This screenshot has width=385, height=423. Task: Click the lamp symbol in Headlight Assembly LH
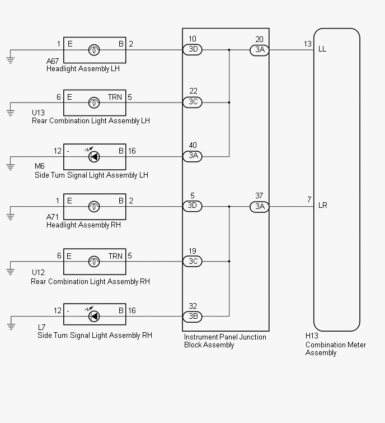tap(94, 50)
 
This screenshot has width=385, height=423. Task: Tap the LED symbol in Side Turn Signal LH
tap(94, 156)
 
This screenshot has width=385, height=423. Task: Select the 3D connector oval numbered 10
tap(192, 50)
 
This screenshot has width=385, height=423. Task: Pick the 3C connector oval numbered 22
tap(192, 102)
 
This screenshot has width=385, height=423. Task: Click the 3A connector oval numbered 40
tap(192, 156)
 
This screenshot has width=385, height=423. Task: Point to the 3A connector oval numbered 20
tap(260, 50)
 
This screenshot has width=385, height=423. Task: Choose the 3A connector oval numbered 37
tap(260, 207)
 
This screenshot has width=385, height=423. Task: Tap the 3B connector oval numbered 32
tap(192, 317)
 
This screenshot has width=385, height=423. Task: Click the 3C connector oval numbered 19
tap(192, 261)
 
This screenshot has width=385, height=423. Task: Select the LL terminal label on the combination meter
tap(322, 49)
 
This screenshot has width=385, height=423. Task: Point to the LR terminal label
tap(322, 205)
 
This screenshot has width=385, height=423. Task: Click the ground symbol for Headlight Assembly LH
tap(11, 60)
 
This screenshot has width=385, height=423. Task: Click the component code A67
tap(53, 61)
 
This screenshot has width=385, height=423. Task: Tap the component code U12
tap(38, 272)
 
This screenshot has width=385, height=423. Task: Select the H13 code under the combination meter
tap(312, 336)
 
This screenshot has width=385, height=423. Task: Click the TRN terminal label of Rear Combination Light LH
tap(115, 97)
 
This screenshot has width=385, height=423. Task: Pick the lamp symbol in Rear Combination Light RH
tap(94, 262)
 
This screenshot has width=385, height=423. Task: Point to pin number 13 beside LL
tap(308, 44)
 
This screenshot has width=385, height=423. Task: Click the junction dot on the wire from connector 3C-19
tap(229, 261)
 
